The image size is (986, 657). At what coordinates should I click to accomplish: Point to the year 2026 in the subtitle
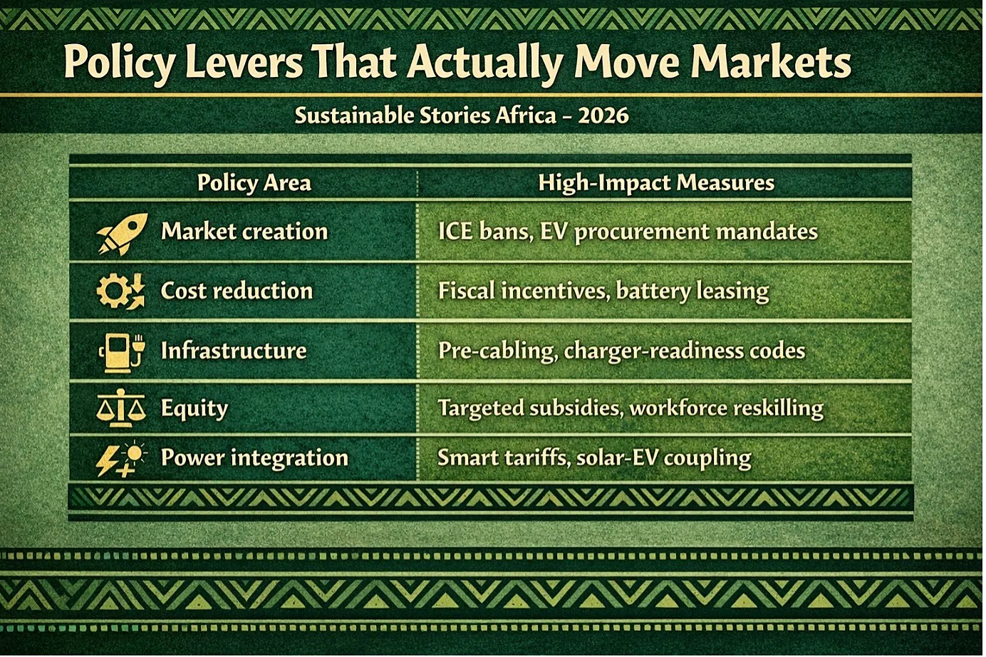[x=603, y=115]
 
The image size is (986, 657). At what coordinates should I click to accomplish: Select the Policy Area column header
[x=254, y=182]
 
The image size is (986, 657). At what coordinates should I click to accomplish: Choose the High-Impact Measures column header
[x=656, y=182]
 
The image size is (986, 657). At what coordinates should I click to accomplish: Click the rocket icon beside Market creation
[x=122, y=234]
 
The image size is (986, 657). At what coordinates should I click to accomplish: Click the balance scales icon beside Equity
[x=120, y=408]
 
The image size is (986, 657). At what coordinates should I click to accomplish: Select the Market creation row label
[x=244, y=231]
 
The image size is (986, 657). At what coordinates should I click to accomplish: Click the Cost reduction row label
[x=237, y=291]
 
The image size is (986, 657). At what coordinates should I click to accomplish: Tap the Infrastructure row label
[x=234, y=351]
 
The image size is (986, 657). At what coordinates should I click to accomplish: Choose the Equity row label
[x=194, y=408]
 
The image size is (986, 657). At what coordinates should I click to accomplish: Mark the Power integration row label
[x=254, y=458]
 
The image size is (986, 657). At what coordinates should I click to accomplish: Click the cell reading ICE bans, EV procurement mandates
[x=628, y=232]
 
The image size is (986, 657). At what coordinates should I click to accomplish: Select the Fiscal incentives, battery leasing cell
[x=603, y=291]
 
